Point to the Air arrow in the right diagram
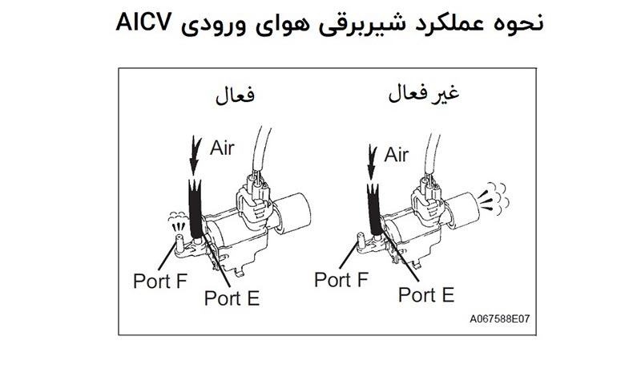[370, 160]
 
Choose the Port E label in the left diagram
[232, 298]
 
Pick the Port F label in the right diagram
[341, 280]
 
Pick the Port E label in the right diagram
[426, 294]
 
